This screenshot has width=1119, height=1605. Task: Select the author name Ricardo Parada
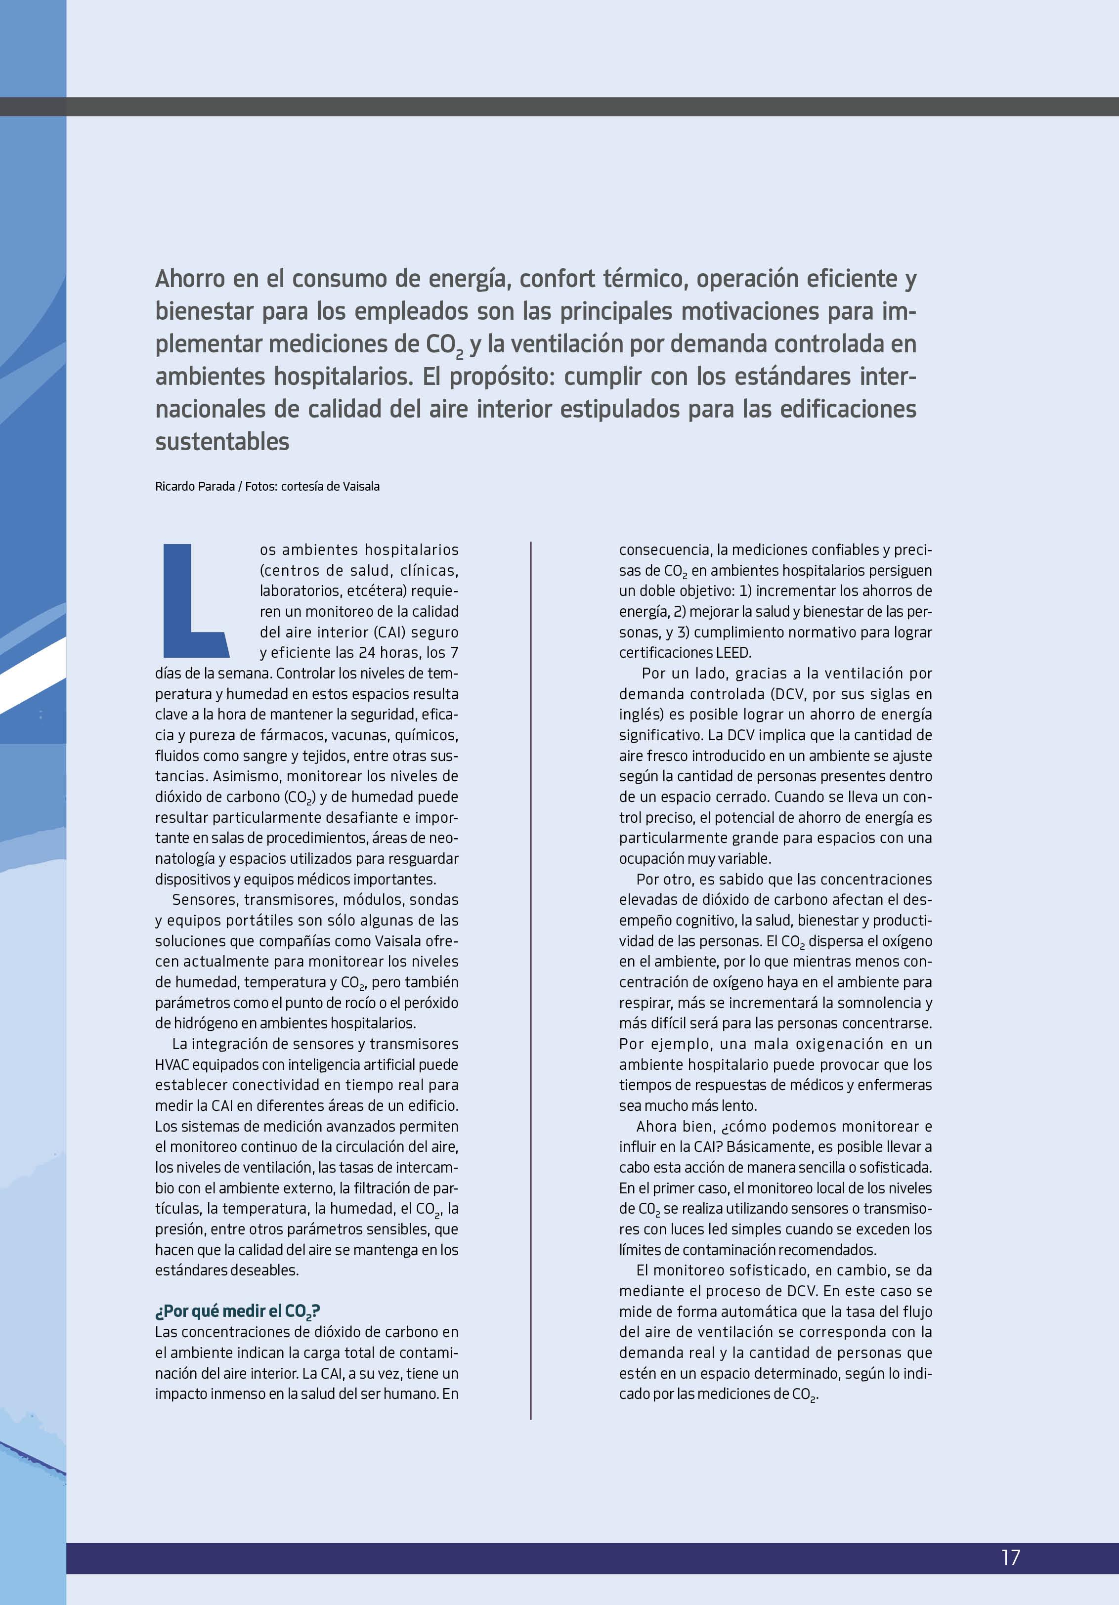pos(194,487)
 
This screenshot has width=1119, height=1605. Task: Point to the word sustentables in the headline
pos(222,442)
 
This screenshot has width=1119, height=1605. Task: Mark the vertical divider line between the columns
pos(531,978)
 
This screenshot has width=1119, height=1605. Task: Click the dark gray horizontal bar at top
pos(559,106)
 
